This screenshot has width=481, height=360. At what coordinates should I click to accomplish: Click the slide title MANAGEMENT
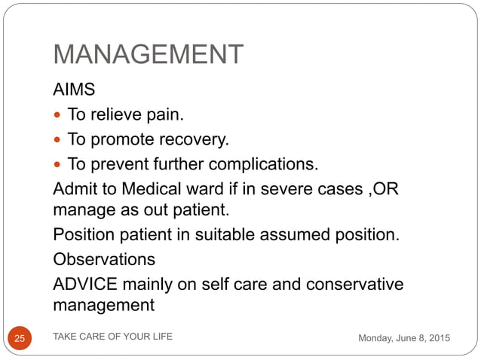pyautogui.click(x=148, y=55)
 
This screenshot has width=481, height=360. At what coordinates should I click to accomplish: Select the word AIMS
pyautogui.click(x=74, y=90)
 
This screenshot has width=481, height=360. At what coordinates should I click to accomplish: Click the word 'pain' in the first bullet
pyautogui.click(x=165, y=115)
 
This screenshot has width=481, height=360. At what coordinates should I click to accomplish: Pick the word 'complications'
pyautogui.click(x=264, y=163)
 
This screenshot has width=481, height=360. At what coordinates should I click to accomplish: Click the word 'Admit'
pyautogui.click(x=74, y=188)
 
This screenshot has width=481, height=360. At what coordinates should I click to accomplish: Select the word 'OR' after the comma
pyautogui.click(x=384, y=188)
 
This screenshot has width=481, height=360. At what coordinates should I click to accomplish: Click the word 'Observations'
pyautogui.click(x=104, y=259)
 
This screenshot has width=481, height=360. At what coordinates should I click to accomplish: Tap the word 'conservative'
pyautogui.click(x=355, y=284)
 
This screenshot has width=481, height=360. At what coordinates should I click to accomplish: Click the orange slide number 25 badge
pyautogui.click(x=20, y=339)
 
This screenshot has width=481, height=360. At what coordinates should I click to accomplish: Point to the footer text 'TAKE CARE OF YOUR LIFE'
pyautogui.click(x=112, y=337)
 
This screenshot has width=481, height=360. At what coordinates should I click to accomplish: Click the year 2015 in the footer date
pyautogui.click(x=437, y=339)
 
